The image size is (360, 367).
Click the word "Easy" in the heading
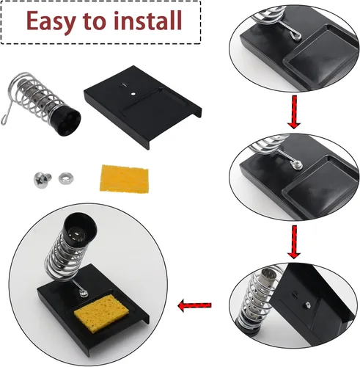pos(51,22)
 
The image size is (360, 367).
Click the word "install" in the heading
pos(148,21)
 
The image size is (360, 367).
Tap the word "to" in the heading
pos(94,21)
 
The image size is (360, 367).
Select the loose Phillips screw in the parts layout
pos(43,180)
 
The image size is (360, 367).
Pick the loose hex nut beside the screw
pos(66,178)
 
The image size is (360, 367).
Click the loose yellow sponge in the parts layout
pos(124,179)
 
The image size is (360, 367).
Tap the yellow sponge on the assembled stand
pos(101,313)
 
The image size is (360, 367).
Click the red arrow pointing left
pos(194,305)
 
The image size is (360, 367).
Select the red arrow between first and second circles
pos(294,112)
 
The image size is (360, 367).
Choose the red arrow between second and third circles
pos(294,242)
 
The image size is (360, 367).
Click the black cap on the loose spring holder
pos(65,122)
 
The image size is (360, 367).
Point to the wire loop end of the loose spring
pos(4,120)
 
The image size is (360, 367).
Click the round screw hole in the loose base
pos(133,94)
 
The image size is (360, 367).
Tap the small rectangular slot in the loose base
pos(125,85)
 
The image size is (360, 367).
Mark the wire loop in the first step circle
pos(295,35)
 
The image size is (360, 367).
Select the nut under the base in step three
pos(307,305)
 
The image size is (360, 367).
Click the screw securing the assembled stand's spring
pos(84,294)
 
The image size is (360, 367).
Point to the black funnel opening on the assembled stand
pos(80,230)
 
